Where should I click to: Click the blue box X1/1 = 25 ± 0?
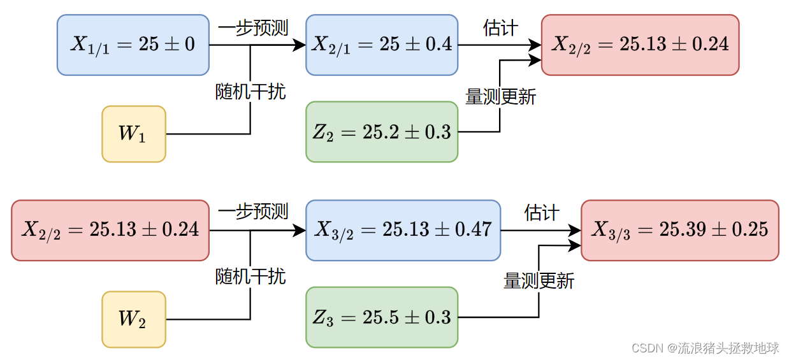(x=133, y=45)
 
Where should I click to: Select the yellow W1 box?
(x=134, y=134)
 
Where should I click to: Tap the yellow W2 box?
(x=134, y=319)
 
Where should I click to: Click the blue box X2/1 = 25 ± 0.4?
(x=382, y=45)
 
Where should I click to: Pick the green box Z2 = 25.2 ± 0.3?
(x=382, y=132)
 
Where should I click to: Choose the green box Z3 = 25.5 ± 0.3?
(x=382, y=317)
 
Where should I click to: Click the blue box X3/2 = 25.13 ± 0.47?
(x=403, y=230)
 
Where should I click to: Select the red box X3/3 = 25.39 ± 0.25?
(x=679, y=230)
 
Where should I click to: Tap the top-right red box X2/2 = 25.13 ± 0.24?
(x=640, y=45)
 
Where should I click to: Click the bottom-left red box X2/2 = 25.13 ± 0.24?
(x=110, y=230)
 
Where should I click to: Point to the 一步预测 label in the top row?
(x=253, y=28)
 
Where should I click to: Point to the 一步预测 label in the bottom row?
(x=253, y=212)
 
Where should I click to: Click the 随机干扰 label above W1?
(x=250, y=92)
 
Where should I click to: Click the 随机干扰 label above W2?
(x=250, y=277)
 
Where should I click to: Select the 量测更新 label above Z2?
(x=500, y=97)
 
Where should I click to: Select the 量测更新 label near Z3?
(x=539, y=281)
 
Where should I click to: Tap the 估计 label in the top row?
(x=500, y=28)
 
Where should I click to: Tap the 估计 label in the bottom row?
(x=541, y=212)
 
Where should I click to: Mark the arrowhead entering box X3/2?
(x=300, y=230)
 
